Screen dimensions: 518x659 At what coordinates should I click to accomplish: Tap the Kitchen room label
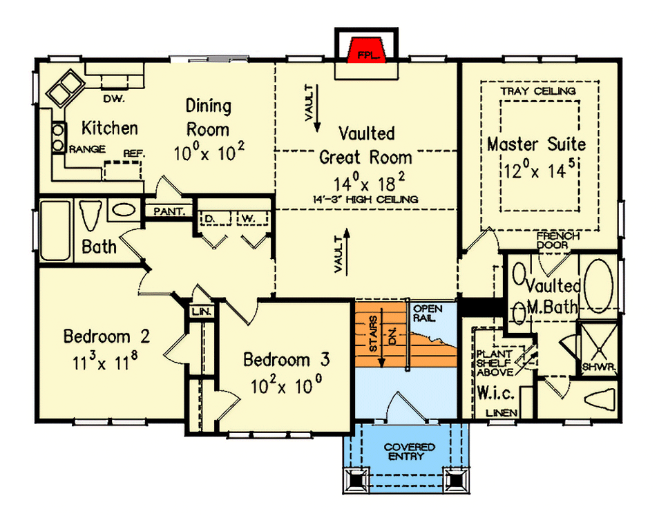coord(110,128)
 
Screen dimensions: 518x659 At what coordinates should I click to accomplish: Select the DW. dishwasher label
coord(113,99)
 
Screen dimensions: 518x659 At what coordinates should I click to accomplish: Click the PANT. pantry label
coord(168,211)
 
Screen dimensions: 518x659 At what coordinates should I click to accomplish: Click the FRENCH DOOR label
coord(558,240)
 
